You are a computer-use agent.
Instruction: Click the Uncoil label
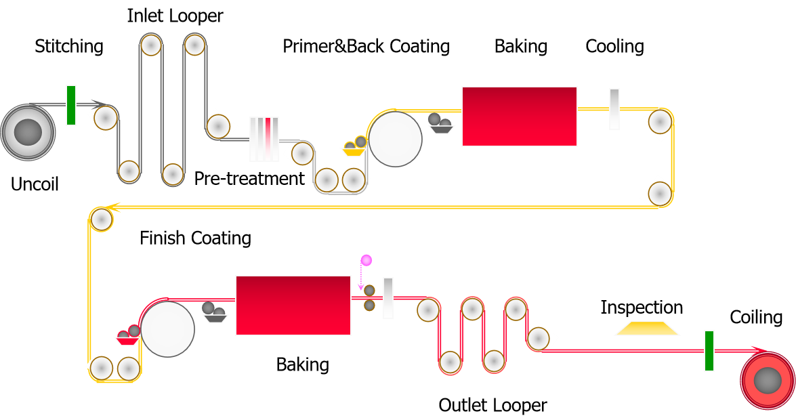pos(35,184)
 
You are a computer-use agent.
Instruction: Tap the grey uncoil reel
pos(27,131)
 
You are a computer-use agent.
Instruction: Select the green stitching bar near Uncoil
pos(71,105)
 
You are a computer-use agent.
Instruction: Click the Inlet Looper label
pos(175,16)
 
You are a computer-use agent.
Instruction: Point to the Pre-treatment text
pos(249,179)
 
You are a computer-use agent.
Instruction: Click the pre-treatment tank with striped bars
pos(264,139)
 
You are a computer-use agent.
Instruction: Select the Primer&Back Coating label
pos(366,46)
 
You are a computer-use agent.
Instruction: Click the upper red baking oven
pos(519,116)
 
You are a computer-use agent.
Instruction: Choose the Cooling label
pos(614,46)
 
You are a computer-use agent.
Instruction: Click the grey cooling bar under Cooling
pos(614,109)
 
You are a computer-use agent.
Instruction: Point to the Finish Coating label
pos(195,238)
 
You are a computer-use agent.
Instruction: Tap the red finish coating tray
pos(127,340)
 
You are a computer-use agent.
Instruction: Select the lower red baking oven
pos(293,305)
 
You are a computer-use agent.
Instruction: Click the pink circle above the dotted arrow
pos(366,260)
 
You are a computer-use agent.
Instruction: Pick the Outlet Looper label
pos(493,405)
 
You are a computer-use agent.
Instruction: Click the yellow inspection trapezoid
pos(647,329)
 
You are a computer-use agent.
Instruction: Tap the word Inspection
pos(642,308)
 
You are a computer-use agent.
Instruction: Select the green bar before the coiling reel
pos(709,351)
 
